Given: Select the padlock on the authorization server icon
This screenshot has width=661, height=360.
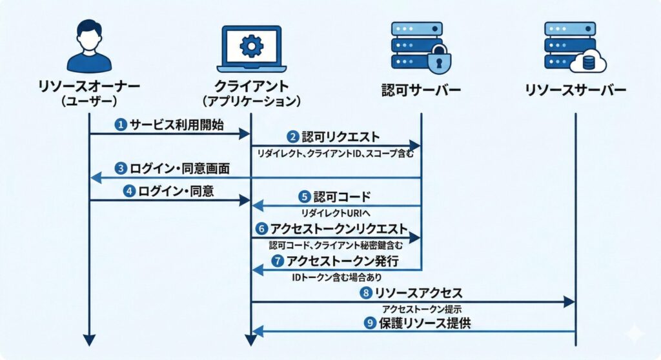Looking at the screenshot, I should point(440,59).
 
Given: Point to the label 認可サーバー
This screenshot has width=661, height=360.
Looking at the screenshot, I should point(421,90).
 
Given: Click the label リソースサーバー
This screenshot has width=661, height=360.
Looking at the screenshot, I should point(575,90).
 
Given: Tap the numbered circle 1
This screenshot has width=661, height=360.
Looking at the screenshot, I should point(121,125).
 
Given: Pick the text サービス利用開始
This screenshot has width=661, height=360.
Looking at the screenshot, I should point(177,125).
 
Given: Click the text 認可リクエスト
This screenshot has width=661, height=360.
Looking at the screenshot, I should point(341,137).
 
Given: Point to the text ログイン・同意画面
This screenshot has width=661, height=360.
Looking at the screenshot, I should point(180,169).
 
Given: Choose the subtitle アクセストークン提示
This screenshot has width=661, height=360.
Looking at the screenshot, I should point(421,308).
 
